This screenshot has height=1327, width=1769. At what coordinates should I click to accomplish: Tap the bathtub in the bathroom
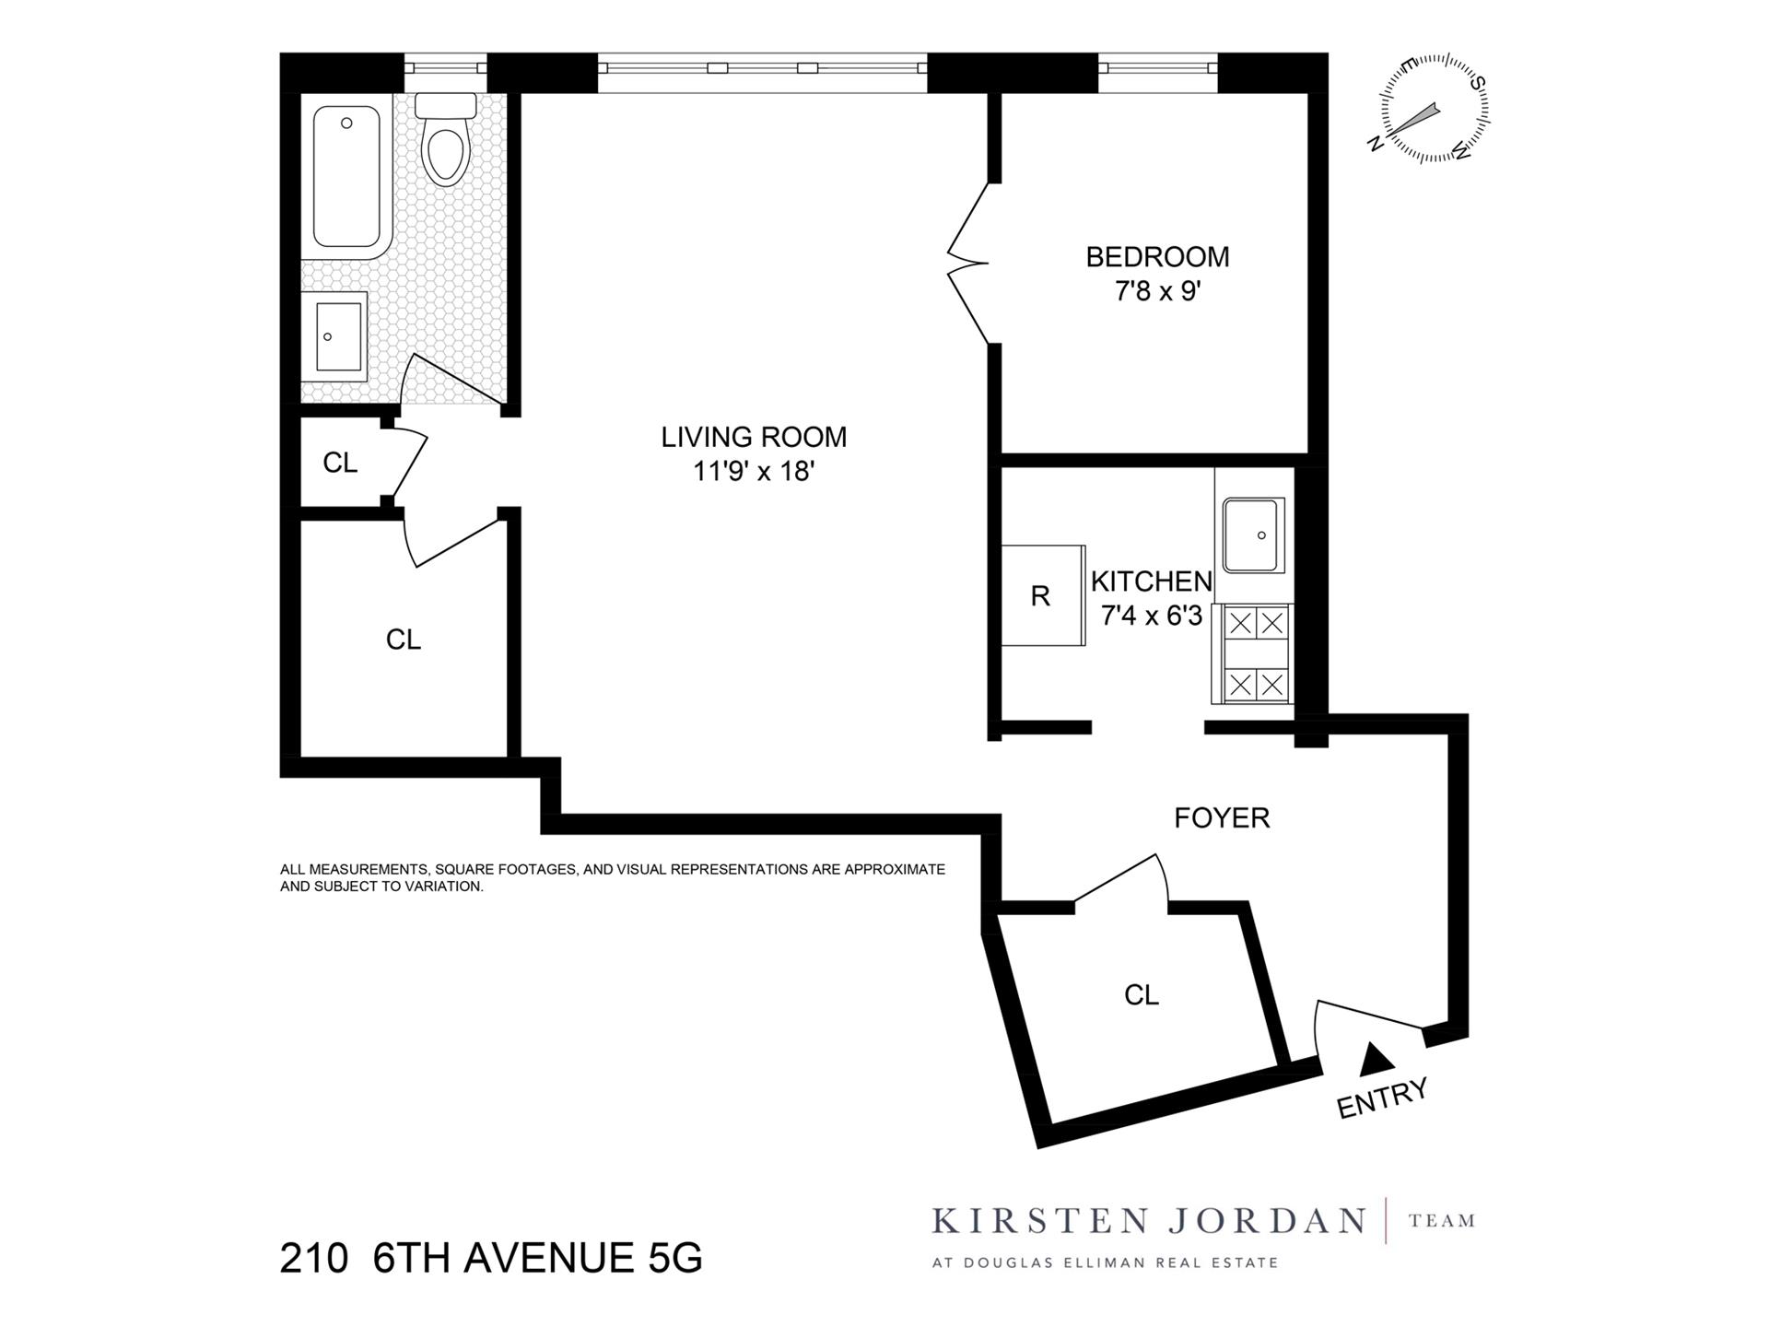[x=346, y=177]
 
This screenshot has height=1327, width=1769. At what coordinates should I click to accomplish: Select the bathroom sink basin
[x=337, y=335]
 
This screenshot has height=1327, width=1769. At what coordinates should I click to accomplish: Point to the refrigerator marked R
[x=1041, y=596]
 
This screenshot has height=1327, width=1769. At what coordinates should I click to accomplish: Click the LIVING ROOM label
[x=754, y=437]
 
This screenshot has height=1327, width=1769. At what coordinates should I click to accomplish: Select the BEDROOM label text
[x=1157, y=257]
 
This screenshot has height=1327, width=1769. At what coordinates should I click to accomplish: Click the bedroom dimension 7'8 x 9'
[x=1157, y=292]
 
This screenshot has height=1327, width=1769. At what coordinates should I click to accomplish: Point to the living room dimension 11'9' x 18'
[x=754, y=472]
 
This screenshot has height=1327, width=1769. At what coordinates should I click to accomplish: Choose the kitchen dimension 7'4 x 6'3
[x=1152, y=616]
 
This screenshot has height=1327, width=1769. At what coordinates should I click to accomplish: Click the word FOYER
[x=1222, y=817]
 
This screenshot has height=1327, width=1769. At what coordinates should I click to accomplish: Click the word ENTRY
[x=1382, y=1098]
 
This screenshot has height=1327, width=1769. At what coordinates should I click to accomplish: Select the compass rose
[x=1434, y=110]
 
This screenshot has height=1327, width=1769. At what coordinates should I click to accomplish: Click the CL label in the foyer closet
[x=1141, y=995]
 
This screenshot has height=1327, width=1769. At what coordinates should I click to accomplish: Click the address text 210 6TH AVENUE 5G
[x=491, y=1257]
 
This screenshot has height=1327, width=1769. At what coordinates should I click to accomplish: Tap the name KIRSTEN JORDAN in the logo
[x=1148, y=1221]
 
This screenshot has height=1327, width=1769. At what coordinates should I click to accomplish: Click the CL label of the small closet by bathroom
[x=340, y=463]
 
